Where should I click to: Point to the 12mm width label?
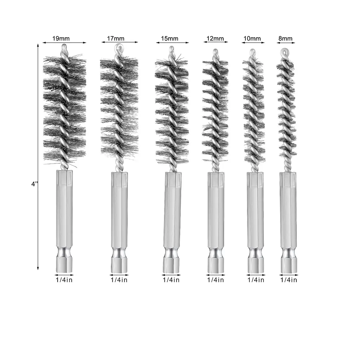pyautogui.click(x=216, y=38)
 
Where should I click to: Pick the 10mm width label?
pyautogui.click(x=252, y=38)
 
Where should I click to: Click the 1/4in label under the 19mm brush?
pyautogui.click(x=64, y=280)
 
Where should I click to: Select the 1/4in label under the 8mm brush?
pyautogui.click(x=289, y=280)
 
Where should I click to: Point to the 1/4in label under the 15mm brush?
pyautogui.click(x=171, y=280)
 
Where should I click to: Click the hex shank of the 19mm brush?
pyautogui.click(x=64, y=207)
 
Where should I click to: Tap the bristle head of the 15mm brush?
pyautogui.click(x=172, y=109)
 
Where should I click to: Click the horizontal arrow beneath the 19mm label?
pyautogui.click(x=64, y=43)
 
